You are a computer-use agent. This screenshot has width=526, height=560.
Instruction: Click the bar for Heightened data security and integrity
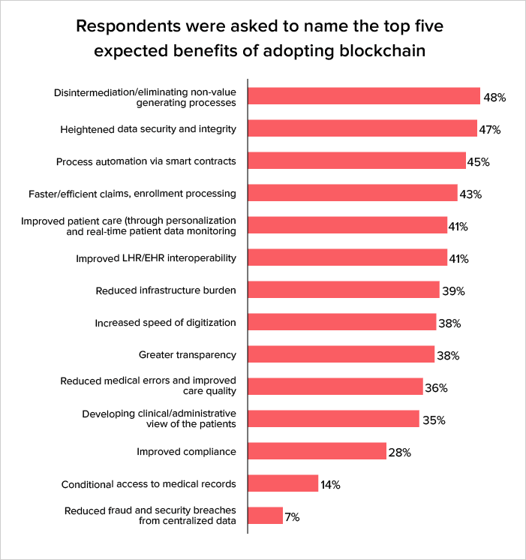(362, 128)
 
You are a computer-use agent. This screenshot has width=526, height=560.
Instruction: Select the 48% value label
(494, 98)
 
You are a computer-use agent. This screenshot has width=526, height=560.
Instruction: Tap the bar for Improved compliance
(317, 450)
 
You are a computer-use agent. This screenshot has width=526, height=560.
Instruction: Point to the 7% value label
(293, 517)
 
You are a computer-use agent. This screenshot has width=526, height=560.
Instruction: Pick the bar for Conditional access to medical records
(283, 483)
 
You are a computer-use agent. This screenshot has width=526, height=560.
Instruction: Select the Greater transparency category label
(188, 354)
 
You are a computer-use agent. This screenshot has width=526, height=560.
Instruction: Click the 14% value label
(330, 485)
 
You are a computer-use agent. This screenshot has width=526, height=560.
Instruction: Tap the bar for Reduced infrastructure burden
(343, 290)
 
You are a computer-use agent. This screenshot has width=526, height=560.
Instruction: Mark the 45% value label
(479, 162)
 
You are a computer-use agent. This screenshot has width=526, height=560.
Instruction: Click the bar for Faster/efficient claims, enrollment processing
(352, 193)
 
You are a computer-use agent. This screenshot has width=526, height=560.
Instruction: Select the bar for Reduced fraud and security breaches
(265, 515)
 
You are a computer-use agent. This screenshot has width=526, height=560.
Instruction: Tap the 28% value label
(399, 453)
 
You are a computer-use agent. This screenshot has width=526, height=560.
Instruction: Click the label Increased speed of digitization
(165, 323)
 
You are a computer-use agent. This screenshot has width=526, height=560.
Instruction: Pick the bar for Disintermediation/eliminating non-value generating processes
(363, 95)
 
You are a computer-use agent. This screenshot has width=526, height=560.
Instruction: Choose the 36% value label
(436, 388)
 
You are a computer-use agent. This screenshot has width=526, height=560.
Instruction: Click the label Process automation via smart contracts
(146, 161)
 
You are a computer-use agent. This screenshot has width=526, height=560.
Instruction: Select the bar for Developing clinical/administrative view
(333, 418)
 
